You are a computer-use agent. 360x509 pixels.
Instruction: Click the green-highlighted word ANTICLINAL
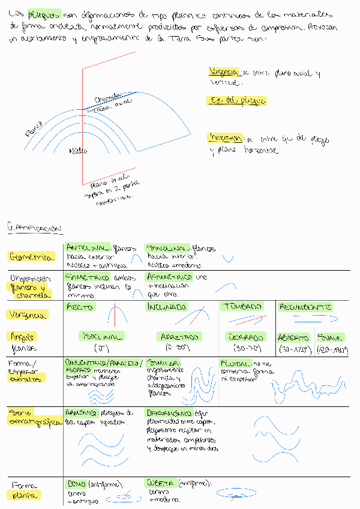pyautogui.click(x=87, y=247)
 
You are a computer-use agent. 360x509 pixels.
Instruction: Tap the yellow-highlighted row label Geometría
pyautogui.click(x=29, y=257)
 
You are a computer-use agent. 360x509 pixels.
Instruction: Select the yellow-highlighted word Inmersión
pyautogui.click(x=225, y=137)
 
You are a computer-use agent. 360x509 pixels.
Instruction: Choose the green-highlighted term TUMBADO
pyautogui.click(x=243, y=306)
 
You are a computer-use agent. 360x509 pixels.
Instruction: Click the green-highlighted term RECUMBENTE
pyautogui.click(x=305, y=307)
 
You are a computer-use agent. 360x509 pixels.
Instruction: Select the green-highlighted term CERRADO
pyautogui.click(x=247, y=337)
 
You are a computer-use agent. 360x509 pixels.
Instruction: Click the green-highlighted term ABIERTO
pyautogui.click(x=293, y=338)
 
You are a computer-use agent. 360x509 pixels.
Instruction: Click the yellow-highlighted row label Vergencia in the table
pyautogui.click(x=25, y=315)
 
